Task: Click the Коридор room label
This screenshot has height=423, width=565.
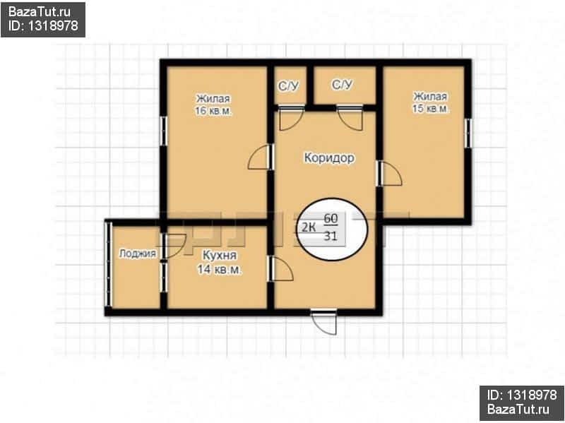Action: tap(329, 158)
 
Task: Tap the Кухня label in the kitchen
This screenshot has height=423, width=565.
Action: tap(220, 255)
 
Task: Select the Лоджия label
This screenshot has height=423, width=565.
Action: tap(137, 254)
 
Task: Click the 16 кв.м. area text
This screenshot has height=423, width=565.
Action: tap(214, 111)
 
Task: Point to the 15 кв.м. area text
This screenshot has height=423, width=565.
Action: tap(431, 109)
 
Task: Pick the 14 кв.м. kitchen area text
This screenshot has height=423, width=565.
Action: tap(220, 269)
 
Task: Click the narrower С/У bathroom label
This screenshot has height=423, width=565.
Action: tap(288, 86)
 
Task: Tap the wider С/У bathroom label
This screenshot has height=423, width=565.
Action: tap(342, 85)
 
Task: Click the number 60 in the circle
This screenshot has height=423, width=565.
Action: tap(331, 218)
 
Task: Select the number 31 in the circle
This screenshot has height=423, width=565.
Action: tap(331, 237)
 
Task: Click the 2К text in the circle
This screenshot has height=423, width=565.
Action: tap(308, 227)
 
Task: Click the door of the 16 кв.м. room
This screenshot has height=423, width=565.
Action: tap(261, 157)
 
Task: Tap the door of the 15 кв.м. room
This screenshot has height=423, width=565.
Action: tap(389, 173)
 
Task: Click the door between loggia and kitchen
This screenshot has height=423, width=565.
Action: tap(173, 246)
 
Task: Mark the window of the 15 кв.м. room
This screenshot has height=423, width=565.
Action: tap(468, 133)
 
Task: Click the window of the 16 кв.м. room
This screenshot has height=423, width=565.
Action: tap(163, 131)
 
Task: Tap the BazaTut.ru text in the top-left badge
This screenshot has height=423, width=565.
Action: tap(40, 12)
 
